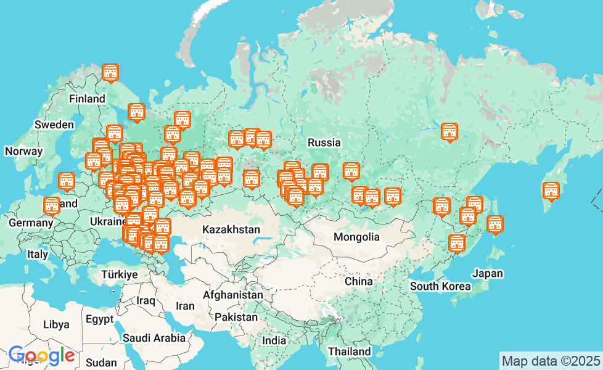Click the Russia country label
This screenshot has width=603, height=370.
click(324, 142)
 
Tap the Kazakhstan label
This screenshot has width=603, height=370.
click(231, 229)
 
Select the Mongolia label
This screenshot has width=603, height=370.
click(356, 237)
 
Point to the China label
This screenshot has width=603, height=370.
click(358, 281)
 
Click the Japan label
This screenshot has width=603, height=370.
click(487, 273)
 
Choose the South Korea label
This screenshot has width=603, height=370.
click(440, 286)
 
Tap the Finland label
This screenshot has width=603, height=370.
click(87, 99)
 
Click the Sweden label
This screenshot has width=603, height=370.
click(54, 125)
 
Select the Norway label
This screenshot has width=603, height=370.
click(23, 151)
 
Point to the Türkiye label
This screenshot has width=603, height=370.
click(120, 274)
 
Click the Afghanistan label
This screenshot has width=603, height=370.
click(232, 295)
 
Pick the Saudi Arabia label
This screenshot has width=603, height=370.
click(154, 338)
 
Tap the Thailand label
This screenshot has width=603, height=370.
click(349, 351)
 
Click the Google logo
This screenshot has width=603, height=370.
click(41, 355)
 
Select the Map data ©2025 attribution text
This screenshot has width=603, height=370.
click(551, 361)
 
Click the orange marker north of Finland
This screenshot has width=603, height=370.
click(110, 73)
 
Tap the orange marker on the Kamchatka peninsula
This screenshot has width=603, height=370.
click(551, 191)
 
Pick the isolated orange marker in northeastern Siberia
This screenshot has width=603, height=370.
click(449, 132)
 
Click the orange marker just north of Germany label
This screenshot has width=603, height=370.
click(52, 205)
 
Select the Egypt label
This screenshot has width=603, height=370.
click(100, 319)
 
